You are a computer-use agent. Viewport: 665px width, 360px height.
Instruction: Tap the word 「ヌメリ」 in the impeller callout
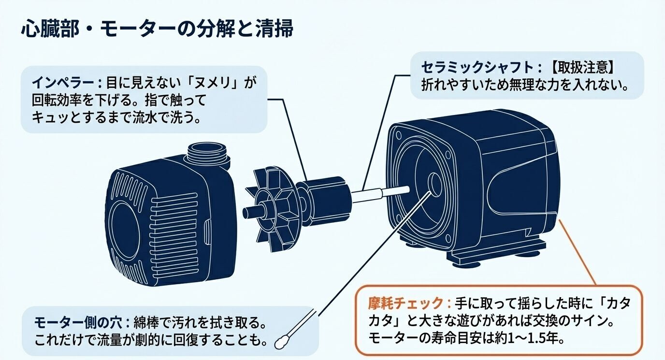[218, 82]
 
